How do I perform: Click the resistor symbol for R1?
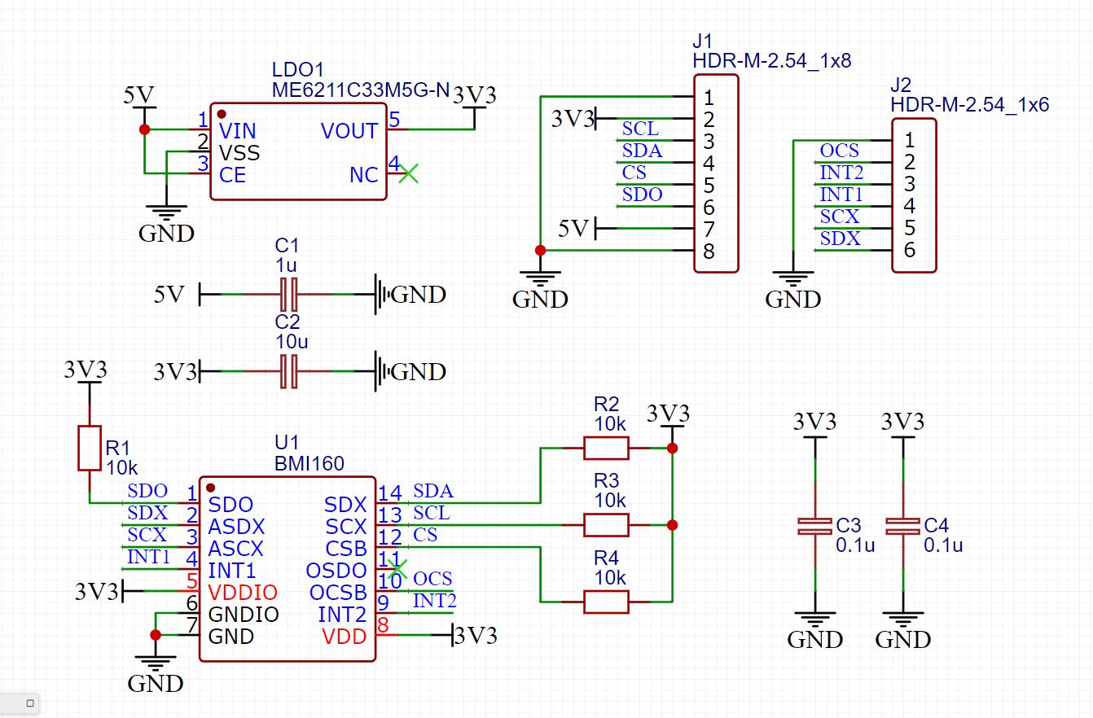(90, 449)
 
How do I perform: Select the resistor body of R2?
(606, 448)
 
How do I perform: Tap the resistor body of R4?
(606, 602)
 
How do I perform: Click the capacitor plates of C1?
(288, 295)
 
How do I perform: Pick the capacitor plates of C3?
(815, 526)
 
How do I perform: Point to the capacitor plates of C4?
(902, 526)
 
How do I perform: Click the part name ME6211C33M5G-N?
(361, 90)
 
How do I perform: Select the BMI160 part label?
(309, 463)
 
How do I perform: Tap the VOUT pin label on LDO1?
(349, 131)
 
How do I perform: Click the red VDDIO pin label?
(243, 592)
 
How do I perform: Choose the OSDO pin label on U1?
(336, 570)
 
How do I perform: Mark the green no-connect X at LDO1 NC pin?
(408, 173)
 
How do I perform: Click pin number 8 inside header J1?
(709, 252)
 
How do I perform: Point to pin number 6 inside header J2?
(909, 250)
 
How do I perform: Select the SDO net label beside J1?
(642, 195)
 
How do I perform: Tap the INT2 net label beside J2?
(841, 173)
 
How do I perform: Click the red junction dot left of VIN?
(144, 129)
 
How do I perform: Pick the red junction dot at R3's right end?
(673, 525)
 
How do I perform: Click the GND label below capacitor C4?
(902, 640)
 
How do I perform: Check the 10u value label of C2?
(292, 341)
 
